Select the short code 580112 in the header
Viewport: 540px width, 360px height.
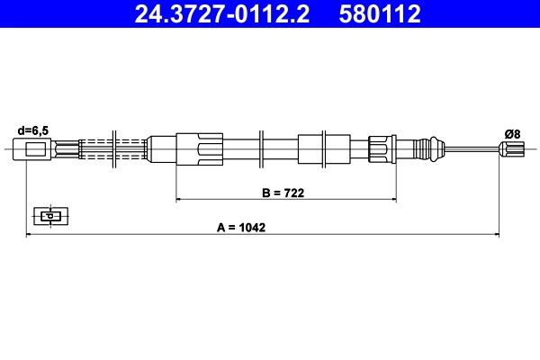coord(379,13)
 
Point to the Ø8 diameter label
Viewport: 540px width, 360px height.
coord(512,133)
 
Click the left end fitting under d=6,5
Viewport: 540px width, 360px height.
coord(33,148)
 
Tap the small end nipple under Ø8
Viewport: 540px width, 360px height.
coord(509,150)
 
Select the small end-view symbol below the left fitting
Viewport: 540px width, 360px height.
coord(49,215)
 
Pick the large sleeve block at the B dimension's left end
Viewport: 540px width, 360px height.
coord(199,148)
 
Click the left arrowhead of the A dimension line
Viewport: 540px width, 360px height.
coord(30,235)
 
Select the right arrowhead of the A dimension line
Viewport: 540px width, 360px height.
coord(496,235)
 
